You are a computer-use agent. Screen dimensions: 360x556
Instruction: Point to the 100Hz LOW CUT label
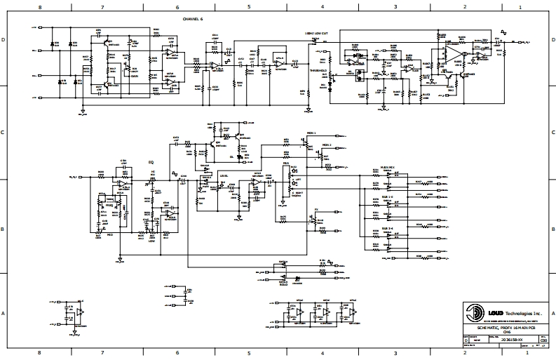pos(317,33)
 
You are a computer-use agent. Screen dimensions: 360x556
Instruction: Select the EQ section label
pos(150,162)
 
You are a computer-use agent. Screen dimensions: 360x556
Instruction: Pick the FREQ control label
pos(109,206)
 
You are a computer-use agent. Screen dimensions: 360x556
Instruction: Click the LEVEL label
pos(224,175)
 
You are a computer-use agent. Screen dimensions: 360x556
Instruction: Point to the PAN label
pos(285,164)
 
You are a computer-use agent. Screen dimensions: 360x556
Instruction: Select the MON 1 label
pos(311,133)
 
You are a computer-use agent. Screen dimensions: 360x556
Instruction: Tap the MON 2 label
pos(326,145)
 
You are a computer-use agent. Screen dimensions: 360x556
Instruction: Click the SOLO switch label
pos(283,285)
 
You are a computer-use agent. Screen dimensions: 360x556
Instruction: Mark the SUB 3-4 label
pos(387,228)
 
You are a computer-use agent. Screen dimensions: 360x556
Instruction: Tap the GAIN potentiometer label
pos(135,76)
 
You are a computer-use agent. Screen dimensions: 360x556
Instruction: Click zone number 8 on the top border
pos(39,6)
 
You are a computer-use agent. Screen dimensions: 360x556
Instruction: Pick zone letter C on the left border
pos(4,132)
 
